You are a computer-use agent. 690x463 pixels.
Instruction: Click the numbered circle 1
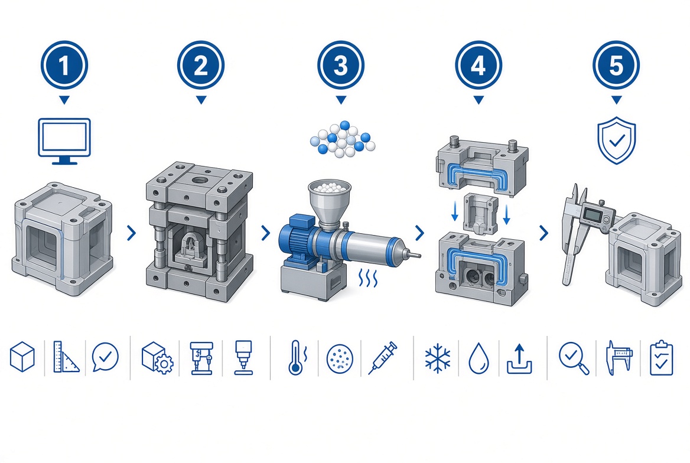click(64, 65)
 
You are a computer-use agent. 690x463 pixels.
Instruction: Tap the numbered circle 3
click(341, 65)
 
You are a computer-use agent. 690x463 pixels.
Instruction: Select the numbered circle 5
click(616, 65)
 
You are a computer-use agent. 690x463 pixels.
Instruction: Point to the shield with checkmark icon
click(617, 141)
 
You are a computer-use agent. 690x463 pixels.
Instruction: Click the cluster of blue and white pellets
click(343, 139)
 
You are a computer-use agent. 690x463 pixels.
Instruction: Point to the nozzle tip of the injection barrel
click(416, 255)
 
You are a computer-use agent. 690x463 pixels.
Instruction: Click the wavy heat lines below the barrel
click(367, 278)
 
